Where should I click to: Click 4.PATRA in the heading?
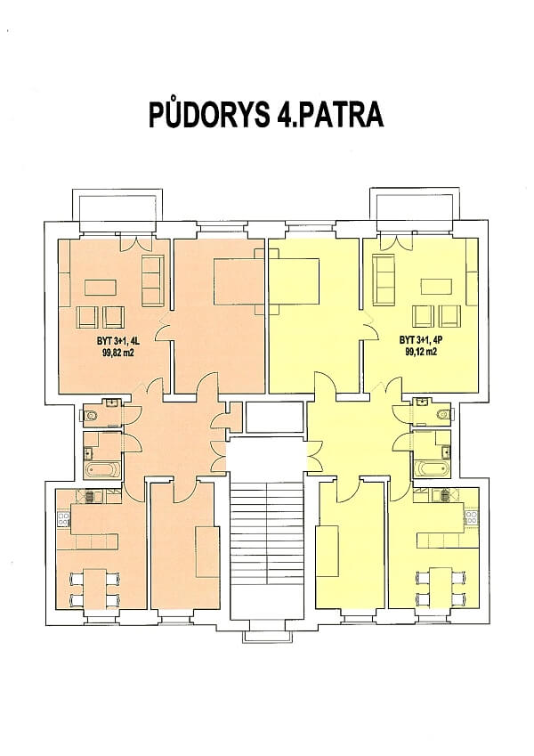pos(327,116)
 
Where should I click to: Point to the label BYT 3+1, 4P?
pos(421,340)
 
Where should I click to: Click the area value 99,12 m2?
pos(421,351)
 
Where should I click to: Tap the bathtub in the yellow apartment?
pos(432,468)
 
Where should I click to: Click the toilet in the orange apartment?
pos(94,414)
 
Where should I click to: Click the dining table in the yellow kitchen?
pos(440,587)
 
